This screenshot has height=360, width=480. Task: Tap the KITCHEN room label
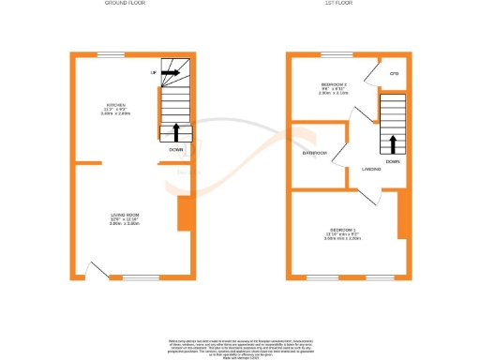[116, 105]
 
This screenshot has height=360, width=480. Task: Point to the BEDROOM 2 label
[333, 85]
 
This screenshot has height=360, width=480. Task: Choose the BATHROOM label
[314, 153]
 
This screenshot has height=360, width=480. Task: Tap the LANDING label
[371, 169]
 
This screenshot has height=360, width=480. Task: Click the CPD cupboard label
[394, 72]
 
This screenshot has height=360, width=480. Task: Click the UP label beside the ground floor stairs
[153, 71]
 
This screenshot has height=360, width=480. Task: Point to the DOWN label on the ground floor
[176, 149]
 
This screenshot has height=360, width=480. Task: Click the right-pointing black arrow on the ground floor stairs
[170, 71]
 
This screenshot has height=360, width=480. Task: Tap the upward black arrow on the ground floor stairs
[177, 129]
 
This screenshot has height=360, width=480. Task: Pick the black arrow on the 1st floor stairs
[393, 143]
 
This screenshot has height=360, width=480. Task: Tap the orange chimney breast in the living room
[182, 215]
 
